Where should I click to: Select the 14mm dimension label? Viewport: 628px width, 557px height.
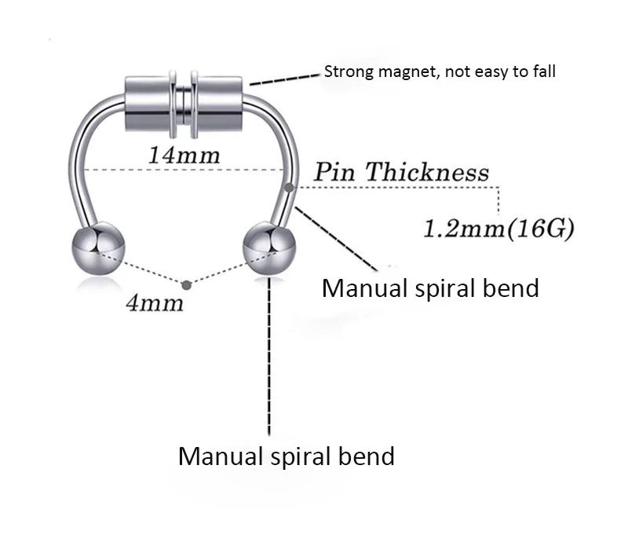184,154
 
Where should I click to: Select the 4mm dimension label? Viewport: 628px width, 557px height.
154,302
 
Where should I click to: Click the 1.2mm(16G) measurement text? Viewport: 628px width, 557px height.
498,229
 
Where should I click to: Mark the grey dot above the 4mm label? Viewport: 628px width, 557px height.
185,284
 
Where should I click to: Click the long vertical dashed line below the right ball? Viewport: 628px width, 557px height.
269,354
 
